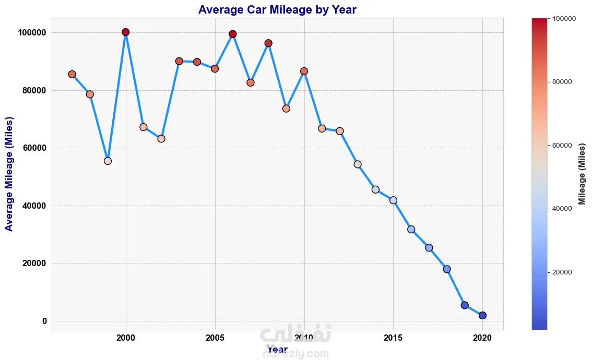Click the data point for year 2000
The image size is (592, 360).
[125, 32]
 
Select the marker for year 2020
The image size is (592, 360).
[482, 315]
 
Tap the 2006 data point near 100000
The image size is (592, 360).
[233, 34]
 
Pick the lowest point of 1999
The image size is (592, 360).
[108, 161]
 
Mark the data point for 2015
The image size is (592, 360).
[393, 200]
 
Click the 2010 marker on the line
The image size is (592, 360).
[304, 71]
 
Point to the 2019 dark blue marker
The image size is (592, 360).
[465, 305]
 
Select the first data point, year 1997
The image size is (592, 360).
[72, 74]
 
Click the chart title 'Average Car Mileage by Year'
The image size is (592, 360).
[277, 10]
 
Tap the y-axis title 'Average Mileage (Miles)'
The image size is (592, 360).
[9, 174]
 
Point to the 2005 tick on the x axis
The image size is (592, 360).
[215, 338]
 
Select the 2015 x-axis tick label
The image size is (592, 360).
[393, 338]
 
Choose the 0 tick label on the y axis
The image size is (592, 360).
[44, 321]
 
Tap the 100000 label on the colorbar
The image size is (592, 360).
[564, 19]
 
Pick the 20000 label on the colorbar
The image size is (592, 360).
[562, 272]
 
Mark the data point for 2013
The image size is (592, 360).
[358, 164]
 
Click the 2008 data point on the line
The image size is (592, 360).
[268, 43]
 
